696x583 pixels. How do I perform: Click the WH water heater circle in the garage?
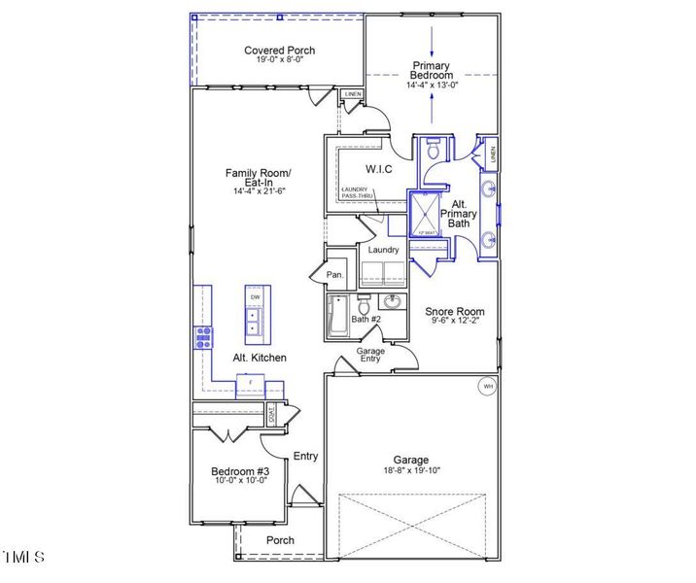(488, 387)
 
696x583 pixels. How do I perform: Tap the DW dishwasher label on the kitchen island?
(255, 297)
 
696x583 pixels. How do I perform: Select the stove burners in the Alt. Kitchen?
(205, 338)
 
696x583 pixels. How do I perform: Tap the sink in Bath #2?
(395, 301)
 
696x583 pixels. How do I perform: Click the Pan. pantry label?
(335, 275)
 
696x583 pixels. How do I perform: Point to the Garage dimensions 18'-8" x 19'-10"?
(411, 471)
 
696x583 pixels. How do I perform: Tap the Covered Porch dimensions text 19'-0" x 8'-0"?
(279, 61)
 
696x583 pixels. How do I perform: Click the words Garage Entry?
(371, 354)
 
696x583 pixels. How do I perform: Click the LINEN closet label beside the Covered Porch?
(353, 95)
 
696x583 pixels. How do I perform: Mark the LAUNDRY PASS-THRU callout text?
(357, 192)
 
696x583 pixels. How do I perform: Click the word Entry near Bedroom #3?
(305, 456)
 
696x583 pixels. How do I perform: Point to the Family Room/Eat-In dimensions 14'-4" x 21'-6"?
(259, 191)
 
